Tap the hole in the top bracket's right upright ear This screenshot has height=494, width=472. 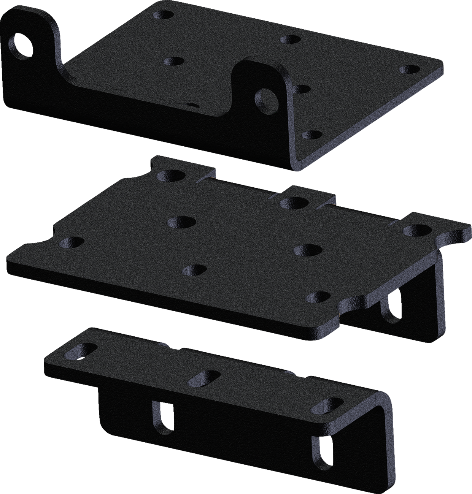267,96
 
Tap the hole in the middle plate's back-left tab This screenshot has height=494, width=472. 170,175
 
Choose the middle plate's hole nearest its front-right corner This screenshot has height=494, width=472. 318,296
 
